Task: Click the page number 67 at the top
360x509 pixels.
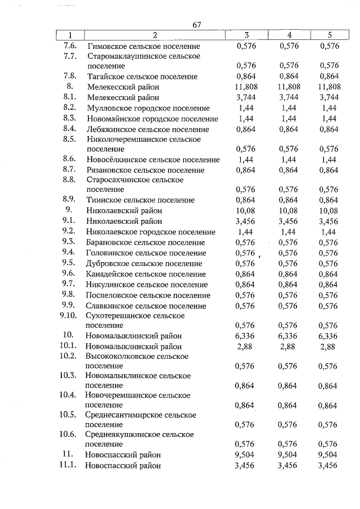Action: point(197,25)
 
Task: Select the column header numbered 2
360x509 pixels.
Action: point(155,35)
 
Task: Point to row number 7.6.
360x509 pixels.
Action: point(70,46)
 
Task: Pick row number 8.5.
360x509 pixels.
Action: point(70,139)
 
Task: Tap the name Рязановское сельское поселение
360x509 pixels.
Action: point(146,170)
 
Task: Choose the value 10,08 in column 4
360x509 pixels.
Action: point(289,210)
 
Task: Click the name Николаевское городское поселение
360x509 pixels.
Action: point(150,232)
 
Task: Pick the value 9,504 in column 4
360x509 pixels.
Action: point(289,454)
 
